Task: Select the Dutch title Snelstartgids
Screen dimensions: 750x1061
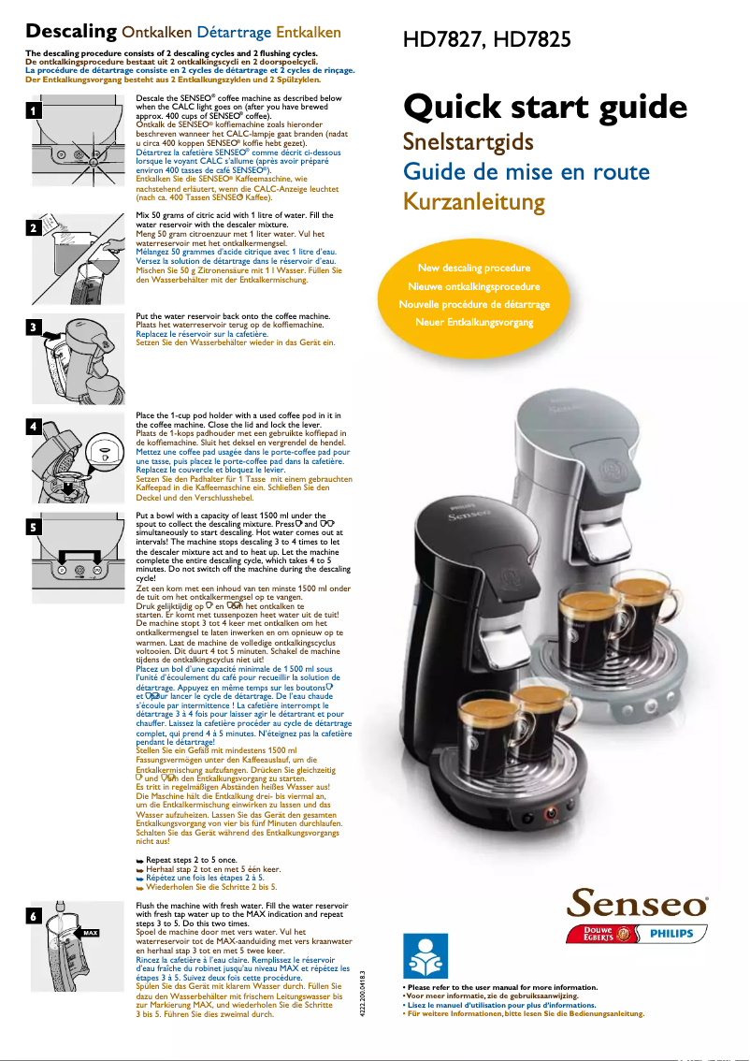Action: [468, 141]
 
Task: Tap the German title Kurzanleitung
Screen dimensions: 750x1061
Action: [473, 201]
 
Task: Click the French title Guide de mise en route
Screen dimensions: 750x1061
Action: [526, 171]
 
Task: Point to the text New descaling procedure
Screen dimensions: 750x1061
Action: [473, 269]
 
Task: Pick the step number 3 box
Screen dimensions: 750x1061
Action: [34, 327]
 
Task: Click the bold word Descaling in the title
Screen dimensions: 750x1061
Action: [71, 32]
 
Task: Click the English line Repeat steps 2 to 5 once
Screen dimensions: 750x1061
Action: [191, 859]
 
